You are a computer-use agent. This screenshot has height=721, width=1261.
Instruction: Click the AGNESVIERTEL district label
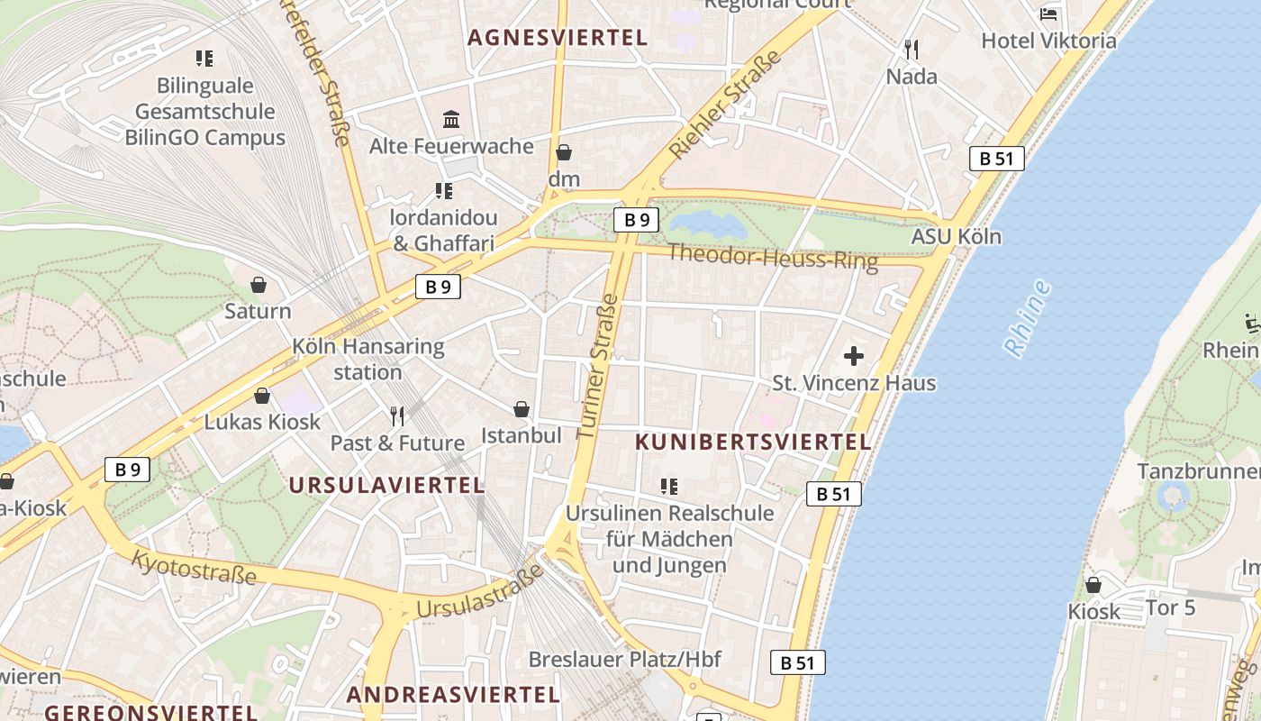(x=558, y=38)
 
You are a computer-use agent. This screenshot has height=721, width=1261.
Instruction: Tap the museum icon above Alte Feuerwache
(x=451, y=119)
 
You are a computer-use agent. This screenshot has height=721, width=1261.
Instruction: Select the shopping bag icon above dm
(x=564, y=152)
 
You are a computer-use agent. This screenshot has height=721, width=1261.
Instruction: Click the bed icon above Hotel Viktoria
(x=1048, y=14)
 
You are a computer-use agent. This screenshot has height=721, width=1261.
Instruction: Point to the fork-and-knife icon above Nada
(x=912, y=49)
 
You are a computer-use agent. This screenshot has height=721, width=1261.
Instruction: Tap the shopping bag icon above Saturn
(x=259, y=285)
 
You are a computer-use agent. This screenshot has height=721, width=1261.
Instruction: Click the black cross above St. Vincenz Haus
(x=853, y=356)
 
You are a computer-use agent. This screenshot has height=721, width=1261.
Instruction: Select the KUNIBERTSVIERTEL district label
(x=753, y=443)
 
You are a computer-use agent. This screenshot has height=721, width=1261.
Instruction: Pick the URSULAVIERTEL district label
(x=386, y=485)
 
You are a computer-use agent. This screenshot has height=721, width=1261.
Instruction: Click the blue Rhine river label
(x=1028, y=318)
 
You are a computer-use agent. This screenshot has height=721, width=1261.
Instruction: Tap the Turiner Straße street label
(x=597, y=365)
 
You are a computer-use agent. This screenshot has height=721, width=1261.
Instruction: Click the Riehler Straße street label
(x=726, y=105)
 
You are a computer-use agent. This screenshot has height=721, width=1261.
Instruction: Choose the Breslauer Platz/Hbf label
(x=624, y=659)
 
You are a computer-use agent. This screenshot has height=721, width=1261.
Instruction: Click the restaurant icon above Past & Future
(x=396, y=415)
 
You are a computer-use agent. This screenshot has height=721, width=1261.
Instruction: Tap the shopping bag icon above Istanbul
(x=521, y=409)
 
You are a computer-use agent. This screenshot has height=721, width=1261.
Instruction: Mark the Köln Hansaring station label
(x=367, y=359)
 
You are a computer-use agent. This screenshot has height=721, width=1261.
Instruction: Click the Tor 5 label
(x=1170, y=607)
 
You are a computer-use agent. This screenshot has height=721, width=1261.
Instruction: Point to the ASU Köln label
(x=956, y=237)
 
